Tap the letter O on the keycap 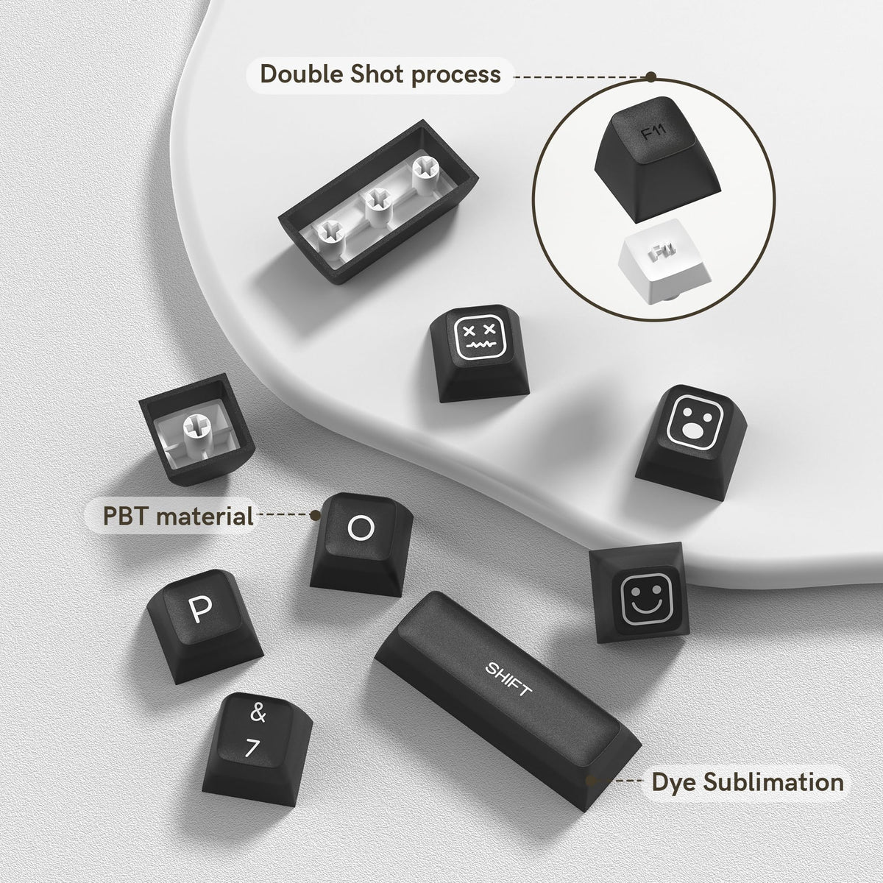pos(361,528)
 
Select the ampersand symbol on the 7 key pos(258,713)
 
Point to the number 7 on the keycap pos(252,748)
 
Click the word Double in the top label pos(302,74)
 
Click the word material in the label pos(205,516)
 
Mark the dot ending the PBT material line pos(315,516)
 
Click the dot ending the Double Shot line pos(650,77)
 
